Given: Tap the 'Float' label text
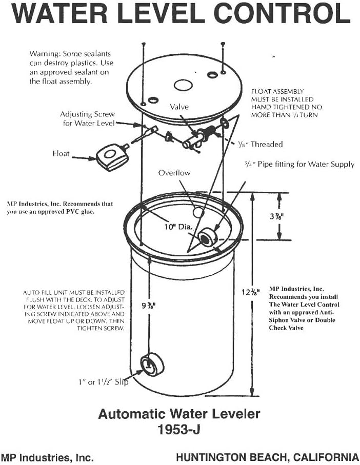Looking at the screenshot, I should click(61, 153).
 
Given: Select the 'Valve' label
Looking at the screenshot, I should click(179, 107).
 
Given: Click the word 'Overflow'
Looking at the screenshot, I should click(174, 173).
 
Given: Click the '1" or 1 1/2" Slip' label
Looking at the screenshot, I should click(103, 381).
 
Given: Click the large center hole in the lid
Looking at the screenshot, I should click(182, 84).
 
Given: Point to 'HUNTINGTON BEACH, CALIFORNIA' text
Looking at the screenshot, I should click(267, 457).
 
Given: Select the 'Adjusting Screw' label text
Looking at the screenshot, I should click(88, 114).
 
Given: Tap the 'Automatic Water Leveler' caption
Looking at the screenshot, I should click(179, 414).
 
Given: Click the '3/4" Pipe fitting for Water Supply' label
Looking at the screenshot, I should click(299, 165).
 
